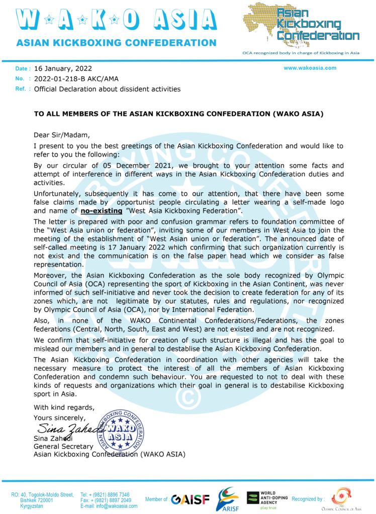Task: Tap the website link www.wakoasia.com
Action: (310, 68)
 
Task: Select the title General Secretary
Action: (63, 446)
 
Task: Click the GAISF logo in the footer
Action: (190, 499)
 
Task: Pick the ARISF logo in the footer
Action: (227, 499)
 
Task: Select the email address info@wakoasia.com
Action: (109, 506)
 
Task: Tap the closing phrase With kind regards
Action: (64, 407)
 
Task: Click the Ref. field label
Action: (21, 89)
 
